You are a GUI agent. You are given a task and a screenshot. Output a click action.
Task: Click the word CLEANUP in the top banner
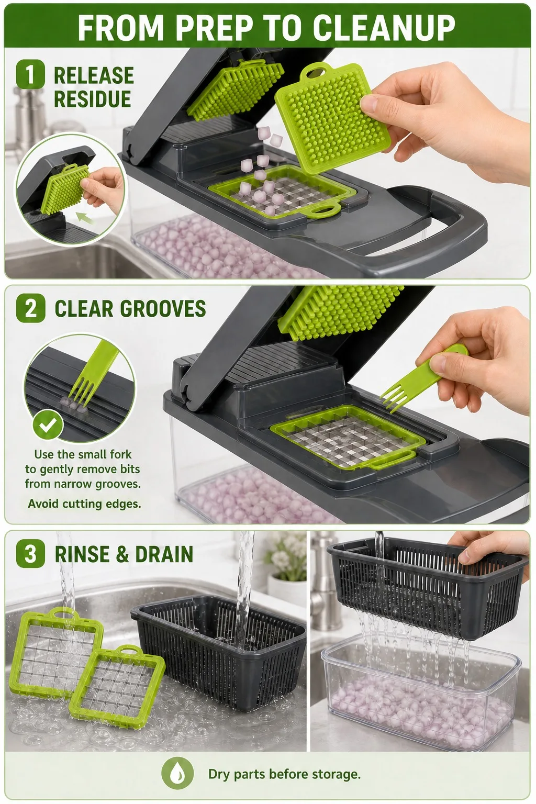[384, 27]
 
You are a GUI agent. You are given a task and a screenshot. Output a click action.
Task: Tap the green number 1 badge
[30, 74]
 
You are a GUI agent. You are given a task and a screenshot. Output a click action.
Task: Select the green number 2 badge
[31, 308]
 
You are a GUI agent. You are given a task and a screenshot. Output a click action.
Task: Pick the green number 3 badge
[30, 553]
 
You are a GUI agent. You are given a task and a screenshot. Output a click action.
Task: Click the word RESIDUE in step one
[92, 99]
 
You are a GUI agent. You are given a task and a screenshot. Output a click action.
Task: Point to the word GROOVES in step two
[163, 308]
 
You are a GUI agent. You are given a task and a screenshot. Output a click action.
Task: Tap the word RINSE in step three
[82, 554]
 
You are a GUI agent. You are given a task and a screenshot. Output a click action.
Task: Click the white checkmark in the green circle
[48, 425]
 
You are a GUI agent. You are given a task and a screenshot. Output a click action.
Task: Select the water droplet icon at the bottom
[176, 774]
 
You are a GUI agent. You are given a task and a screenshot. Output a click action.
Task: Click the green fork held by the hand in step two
[423, 377]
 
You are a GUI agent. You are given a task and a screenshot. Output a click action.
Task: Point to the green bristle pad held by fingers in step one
[332, 117]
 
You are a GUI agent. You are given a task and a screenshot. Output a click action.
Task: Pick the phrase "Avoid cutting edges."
[84, 504]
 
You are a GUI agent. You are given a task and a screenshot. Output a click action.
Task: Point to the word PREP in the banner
[214, 27]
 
